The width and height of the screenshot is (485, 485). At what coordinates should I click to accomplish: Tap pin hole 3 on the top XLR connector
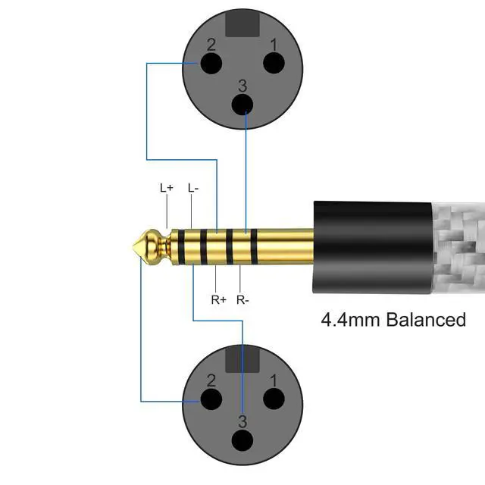click(x=242, y=104)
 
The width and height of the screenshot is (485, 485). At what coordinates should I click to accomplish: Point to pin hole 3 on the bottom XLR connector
click(x=242, y=440)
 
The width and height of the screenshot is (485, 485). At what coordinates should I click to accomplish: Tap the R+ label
click(x=219, y=299)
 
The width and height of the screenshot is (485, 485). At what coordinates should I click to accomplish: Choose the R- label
click(x=243, y=299)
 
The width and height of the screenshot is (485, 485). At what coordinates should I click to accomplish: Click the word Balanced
click(x=426, y=320)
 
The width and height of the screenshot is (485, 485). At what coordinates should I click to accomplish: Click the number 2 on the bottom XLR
click(x=212, y=378)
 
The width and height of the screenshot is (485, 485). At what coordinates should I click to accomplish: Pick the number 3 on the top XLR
click(x=242, y=85)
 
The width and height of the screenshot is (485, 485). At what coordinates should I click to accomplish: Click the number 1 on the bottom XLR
click(x=274, y=378)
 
